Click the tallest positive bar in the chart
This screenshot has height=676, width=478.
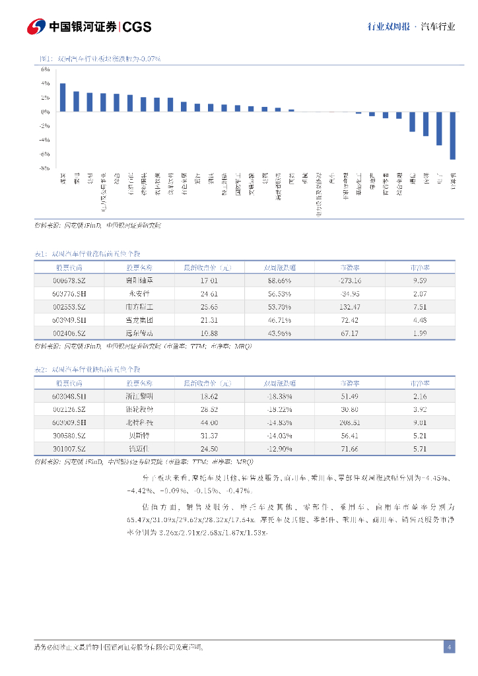(x=63, y=97)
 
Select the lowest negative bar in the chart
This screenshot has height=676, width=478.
(x=452, y=135)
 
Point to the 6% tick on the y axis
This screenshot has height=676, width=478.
(x=46, y=69)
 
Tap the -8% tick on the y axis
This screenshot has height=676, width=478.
(x=45, y=168)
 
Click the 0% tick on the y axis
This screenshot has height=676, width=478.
(x=46, y=112)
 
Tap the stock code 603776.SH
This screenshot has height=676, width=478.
(x=69, y=293)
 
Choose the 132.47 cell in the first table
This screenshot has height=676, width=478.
(x=349, y=306)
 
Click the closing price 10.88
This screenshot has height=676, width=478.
(x=209, y=333)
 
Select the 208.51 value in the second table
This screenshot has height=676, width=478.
(x=349, y=422)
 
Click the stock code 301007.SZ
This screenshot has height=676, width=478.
(x=69, y=448)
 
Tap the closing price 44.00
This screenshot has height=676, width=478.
(x=209, y=422)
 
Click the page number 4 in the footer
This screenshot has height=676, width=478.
(x=449, y=647)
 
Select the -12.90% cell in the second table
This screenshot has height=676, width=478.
(x=279, y=448)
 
